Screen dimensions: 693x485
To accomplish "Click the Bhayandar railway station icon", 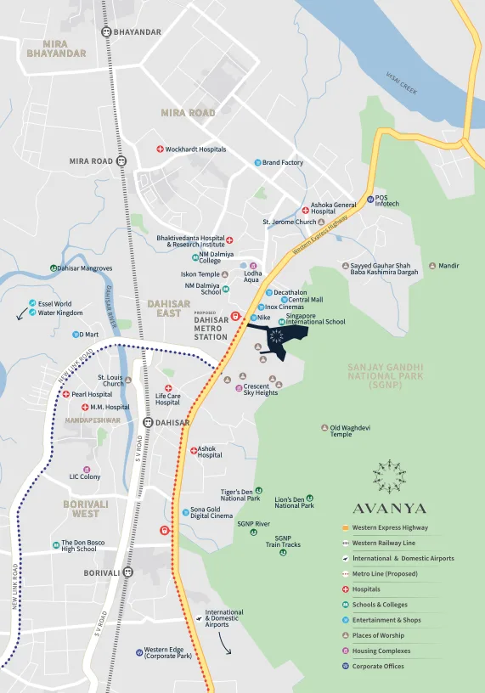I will coord(105,32).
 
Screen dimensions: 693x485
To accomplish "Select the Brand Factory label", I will coord(283,162).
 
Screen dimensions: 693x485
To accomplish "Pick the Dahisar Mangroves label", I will coord(84,268).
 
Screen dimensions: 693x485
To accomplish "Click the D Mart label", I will coord(89,335).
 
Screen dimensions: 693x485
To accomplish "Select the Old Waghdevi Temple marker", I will coord(324,427).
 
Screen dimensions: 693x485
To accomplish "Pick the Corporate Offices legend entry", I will coord(378,666).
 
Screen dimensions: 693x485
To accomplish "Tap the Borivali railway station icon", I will coord(127,572).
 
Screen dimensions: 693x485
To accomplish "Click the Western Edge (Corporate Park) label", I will coord(168,653).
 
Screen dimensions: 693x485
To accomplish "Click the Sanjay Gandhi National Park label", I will coord(386,376).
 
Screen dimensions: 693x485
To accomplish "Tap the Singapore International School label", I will coord(315,318).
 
